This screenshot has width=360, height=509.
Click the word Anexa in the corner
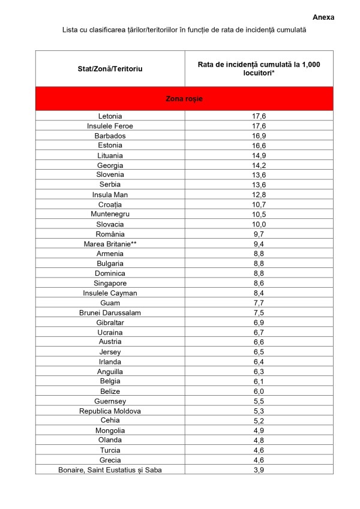(x=323, y=17)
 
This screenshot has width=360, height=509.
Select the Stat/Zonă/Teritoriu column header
(x=110, y=69)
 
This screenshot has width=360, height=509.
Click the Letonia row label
(x=110, y=116)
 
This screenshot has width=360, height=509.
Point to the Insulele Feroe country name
(x=110, y=126)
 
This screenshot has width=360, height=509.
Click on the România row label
(x=110, y=234)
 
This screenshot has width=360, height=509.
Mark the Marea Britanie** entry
(x=110, y=244)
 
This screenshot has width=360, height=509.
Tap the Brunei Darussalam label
(x=110, y=312)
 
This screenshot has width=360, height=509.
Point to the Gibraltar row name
(x=110, y=323)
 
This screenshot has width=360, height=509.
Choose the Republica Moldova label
(x=110, y=411)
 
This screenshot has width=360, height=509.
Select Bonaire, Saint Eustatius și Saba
(x=110, y=470)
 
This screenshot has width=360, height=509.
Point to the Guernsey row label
(x=110, y=401)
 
